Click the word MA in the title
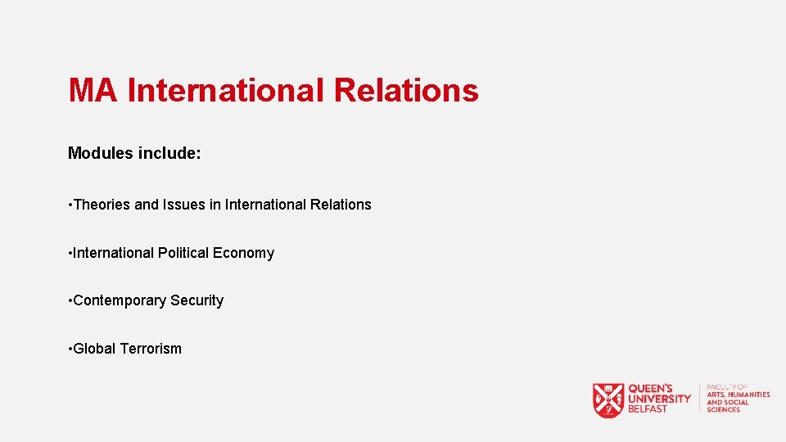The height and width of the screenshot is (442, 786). click(x=94, y=90)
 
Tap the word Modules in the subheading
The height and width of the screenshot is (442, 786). click(x=99, y=153)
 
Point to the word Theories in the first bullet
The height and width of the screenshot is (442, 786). click(x=102, y=205)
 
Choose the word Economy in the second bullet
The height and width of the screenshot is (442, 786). click(x=243, y=253)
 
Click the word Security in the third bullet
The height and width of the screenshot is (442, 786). click(x=196, y=300)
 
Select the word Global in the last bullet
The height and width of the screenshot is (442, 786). click(x=94, y=349)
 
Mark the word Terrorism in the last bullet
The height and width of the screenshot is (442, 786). click(x=151, y=349)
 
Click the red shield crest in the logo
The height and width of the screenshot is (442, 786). click(x=608, y=400)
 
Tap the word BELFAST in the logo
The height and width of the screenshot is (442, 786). click(x=648, y=409)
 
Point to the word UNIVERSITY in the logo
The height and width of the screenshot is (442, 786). click(x=659, y=399)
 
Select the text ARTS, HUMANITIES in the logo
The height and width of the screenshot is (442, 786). click(x=739, y=395)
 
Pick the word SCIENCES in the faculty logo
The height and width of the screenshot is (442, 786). click(x=724, y=409)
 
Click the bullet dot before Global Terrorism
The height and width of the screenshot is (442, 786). click(x=70, y=349)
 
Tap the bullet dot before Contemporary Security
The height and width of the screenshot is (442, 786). click(x=70, y=301)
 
